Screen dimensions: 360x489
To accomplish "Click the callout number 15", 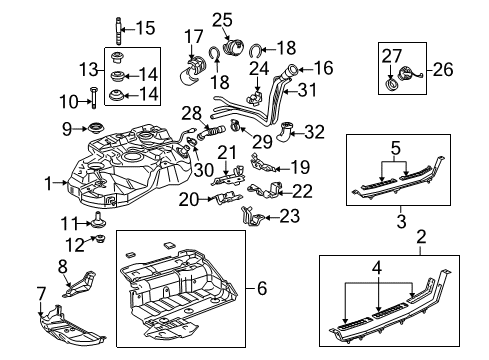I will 146,27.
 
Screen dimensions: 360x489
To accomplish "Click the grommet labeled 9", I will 99,127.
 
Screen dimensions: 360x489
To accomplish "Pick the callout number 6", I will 263,289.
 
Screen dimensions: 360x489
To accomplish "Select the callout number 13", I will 87,68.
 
